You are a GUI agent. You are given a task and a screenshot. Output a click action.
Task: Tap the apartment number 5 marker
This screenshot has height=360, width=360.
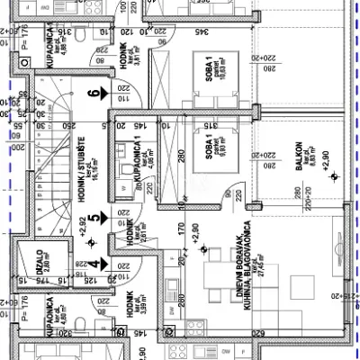point(94,217)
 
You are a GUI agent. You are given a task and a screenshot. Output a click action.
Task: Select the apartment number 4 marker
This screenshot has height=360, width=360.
point(94,263)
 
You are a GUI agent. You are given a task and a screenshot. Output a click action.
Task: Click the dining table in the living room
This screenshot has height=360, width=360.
point(211,274)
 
